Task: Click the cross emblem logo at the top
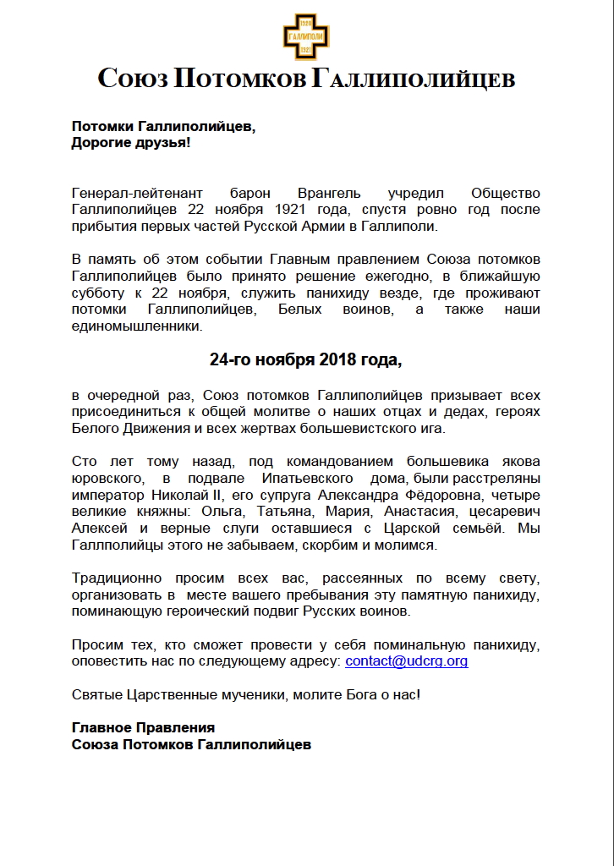pyautogui.click(x=305, y=37)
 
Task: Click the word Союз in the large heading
pyautogui.click(x=133, y=79)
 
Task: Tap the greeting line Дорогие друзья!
pyautogui.click(x=131, y=143)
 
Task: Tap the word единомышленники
pyautogui.click(x=137, y=326)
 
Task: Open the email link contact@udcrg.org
pyautogui.click(x=407, y=660)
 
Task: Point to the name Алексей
pyautogui.click(x=98, y=528)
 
